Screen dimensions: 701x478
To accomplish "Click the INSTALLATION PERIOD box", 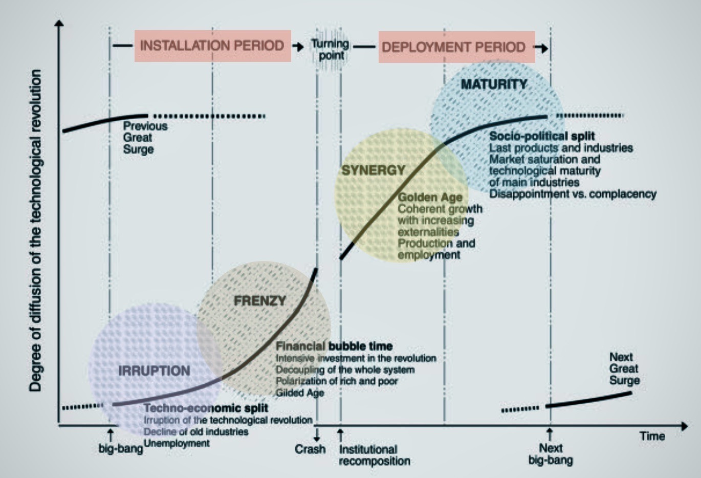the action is click(212, 46).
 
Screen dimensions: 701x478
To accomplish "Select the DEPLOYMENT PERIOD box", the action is click(454, 47).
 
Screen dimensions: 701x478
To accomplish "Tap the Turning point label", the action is click(331, 49).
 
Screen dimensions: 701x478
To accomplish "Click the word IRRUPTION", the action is click(154, 371).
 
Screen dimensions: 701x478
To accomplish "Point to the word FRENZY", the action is click(259, 301).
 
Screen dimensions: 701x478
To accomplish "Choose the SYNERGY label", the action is click(373, 170).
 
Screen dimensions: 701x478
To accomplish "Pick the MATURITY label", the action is click(494, 84).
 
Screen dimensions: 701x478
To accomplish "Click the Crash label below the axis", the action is click(310, 449).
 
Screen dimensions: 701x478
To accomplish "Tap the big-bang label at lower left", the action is click(121, 449).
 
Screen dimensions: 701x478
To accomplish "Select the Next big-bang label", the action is click(551, 454).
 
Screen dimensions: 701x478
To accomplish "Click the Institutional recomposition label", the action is click(374, 455).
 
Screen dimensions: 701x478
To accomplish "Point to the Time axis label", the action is click(652, 437).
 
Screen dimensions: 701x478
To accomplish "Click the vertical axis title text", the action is click(35, 230).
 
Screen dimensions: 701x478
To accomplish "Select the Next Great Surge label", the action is click(624, 368).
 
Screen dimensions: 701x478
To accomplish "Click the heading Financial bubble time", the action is click(334, 346).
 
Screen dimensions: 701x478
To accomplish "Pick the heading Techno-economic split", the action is click(206, 408).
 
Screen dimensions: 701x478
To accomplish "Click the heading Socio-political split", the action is click(542, 136).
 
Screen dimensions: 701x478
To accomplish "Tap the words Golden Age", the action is click(430, 198).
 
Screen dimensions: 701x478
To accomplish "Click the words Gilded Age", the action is click(300, 393).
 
